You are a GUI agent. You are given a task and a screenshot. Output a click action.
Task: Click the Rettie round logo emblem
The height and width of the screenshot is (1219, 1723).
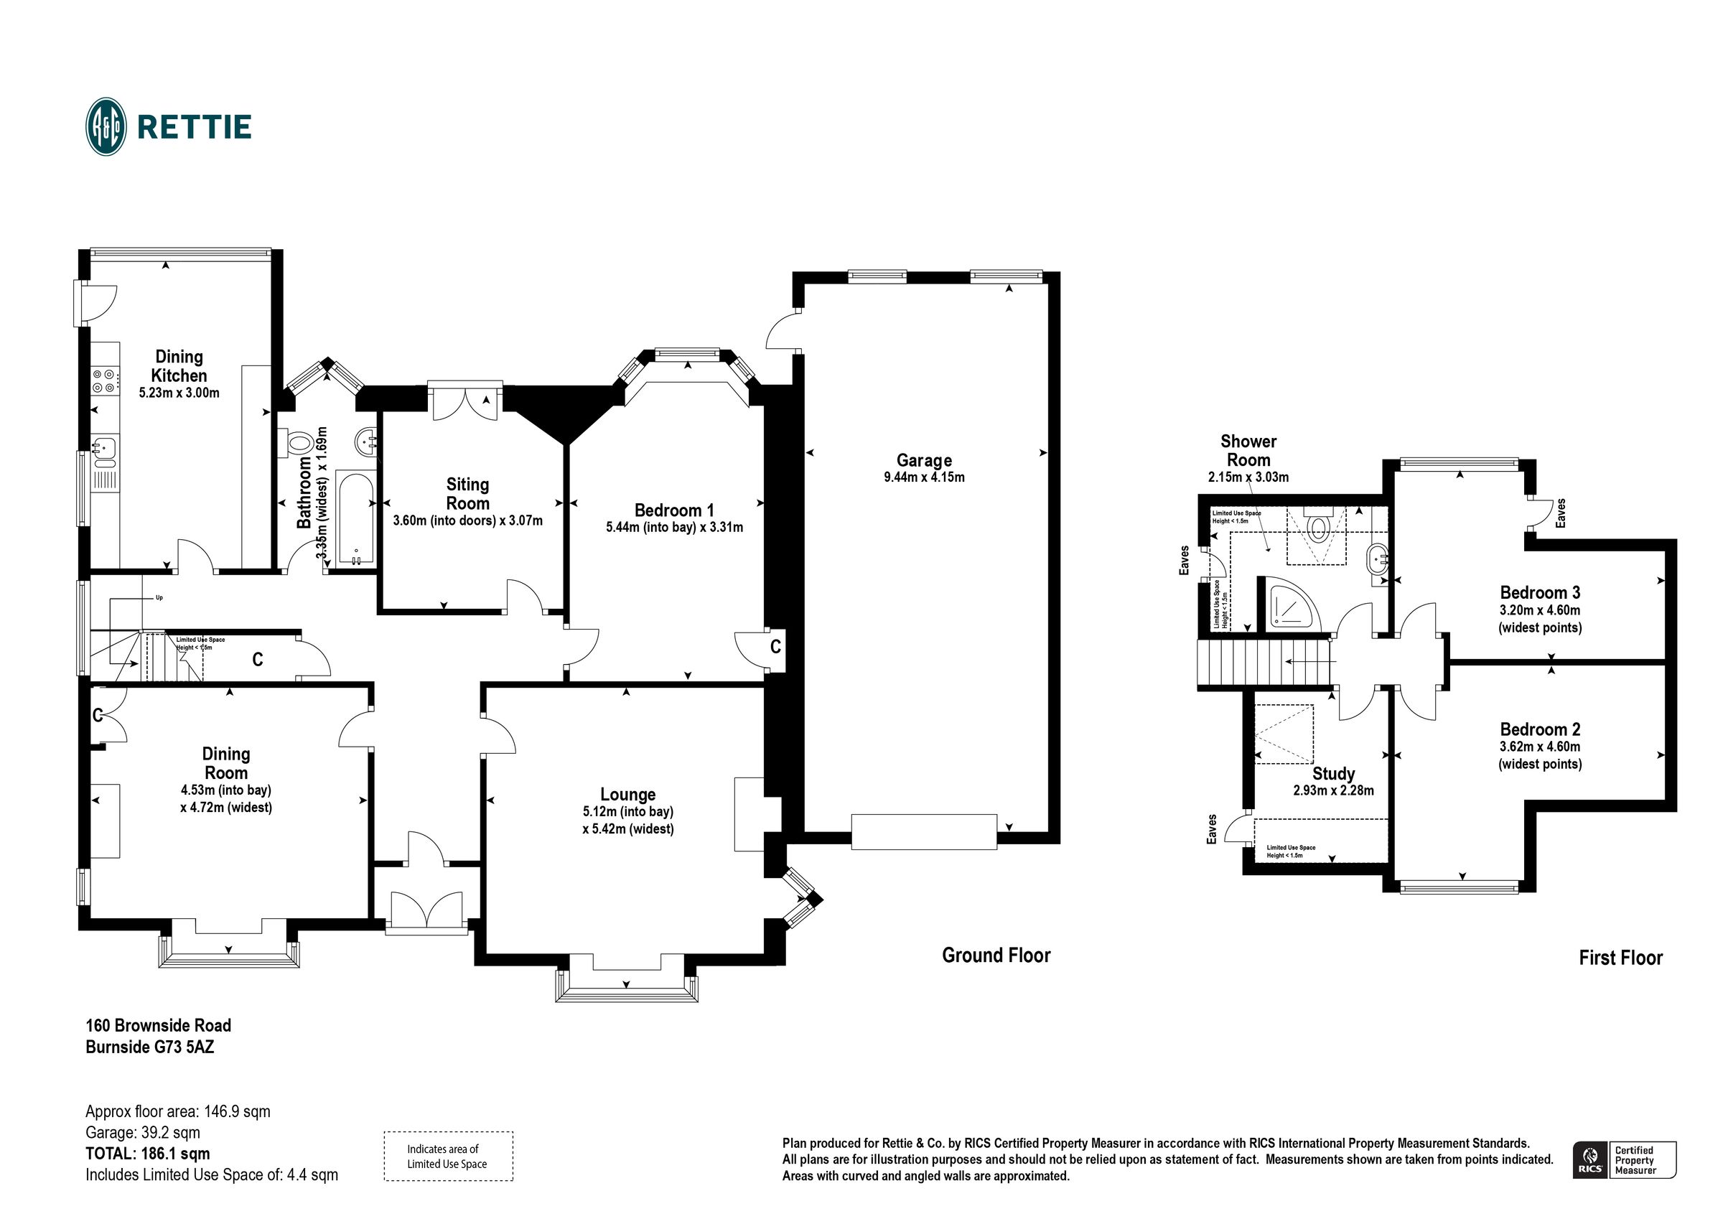tap(106, 126)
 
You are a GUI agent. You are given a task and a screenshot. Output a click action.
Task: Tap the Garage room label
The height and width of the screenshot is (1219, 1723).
tap(924, 460)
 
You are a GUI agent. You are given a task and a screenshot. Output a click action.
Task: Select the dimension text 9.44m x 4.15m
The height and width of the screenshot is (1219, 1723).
tap(924, 477)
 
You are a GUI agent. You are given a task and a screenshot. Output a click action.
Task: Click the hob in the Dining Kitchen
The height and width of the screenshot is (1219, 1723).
tap(104, 380)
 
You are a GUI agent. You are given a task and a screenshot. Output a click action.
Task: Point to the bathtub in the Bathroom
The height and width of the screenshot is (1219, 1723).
tap(355, 518)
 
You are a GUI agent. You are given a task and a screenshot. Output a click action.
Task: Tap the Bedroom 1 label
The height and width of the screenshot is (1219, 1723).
tap(674, 510)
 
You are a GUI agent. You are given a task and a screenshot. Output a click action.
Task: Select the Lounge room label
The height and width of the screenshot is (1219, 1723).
tap(627, 794)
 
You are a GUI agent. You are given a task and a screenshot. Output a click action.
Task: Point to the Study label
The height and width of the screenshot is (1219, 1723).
tap(1332, 774)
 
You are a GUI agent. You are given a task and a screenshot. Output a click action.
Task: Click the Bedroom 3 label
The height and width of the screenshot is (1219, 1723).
tap(1540, 592)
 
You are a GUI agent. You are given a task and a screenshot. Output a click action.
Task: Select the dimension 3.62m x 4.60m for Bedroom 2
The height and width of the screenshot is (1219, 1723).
tap(1540, 747)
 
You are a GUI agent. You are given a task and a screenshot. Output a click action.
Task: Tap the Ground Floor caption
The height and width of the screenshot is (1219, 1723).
tap(996, 956)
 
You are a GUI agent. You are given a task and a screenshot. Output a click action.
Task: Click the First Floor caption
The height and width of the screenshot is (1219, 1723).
tap(1620, 958)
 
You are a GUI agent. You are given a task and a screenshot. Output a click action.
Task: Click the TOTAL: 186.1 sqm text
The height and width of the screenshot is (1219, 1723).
tap(148, 1154)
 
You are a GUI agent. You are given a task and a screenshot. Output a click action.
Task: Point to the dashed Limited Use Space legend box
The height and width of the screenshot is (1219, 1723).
tap(448, 1156)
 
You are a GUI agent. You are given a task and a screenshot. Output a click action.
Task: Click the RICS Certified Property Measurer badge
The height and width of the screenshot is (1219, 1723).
tap(1624, 1160)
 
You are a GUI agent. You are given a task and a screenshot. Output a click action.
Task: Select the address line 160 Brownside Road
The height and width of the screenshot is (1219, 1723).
tap(159, 1025)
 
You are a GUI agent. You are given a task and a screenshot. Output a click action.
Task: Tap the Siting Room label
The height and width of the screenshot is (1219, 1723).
tap(467, 494)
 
